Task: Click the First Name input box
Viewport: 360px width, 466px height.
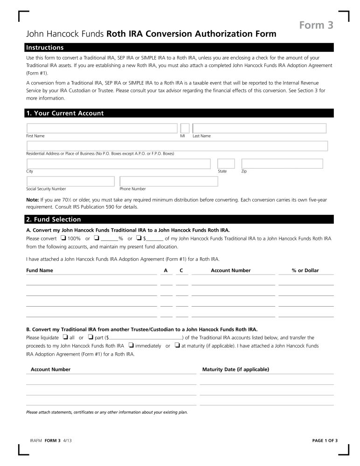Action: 102,128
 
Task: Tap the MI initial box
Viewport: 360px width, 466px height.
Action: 185,128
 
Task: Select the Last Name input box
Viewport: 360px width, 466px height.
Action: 259,128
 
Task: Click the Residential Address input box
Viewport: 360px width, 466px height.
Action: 177,146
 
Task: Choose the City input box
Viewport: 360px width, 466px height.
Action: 118,164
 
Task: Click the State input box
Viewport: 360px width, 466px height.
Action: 226,164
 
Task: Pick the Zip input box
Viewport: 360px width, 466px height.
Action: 282,164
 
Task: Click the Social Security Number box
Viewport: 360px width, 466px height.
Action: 70,181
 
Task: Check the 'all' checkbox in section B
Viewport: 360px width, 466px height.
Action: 65,337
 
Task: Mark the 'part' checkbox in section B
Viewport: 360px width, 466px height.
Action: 90,337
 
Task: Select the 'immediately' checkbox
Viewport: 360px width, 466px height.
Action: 131,346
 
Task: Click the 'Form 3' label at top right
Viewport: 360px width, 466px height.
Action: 316,25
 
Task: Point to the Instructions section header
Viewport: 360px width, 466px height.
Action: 45,48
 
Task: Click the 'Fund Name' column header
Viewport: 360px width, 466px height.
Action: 40,270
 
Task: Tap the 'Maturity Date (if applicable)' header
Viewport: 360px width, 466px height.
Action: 235,370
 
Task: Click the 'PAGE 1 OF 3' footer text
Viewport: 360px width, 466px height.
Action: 324,441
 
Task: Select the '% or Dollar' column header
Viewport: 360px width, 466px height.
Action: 305,270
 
